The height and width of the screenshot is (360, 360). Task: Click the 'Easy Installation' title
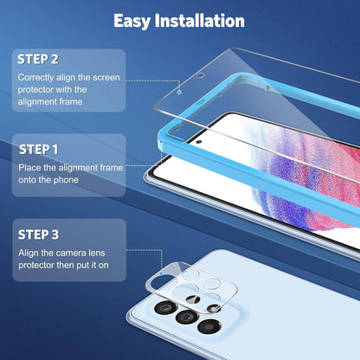[x=179, y=21]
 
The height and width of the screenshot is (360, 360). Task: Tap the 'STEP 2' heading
[x=38, y=59]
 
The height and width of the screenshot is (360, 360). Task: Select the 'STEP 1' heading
[x=39, y=150]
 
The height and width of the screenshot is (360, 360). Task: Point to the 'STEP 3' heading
[x=39, y=235]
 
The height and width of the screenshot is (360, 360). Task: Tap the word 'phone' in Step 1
[x=66, y=180]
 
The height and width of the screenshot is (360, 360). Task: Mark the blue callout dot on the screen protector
[x=179, y=92]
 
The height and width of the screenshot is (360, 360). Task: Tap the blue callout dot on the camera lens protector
[x=162, y=273]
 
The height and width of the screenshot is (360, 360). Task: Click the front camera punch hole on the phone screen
[x=199, y=142]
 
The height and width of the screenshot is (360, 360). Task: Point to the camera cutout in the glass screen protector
[x=201, y=76]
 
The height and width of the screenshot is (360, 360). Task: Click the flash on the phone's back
[x=214, y=309]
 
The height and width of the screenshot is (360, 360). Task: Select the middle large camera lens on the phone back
[x=187, y=318]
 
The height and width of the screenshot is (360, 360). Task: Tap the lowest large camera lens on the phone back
[x=209, y=327]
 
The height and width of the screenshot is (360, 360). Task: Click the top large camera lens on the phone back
[x=166, y=307]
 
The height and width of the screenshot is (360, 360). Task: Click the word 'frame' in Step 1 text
[x=112, y=168]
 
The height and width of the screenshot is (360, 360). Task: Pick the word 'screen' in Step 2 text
[x=106, y=78]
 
